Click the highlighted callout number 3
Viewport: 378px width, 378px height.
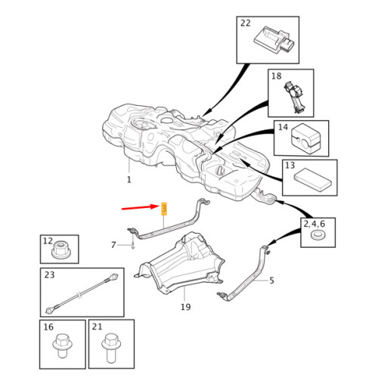164,209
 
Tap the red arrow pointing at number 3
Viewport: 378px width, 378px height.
140,207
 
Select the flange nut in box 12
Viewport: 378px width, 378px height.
61,249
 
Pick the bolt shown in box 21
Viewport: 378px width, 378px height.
111,348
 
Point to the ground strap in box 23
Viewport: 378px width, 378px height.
82,293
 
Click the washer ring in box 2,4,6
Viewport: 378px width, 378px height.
318,235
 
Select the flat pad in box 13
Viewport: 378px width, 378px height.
312,180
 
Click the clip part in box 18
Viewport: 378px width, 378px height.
295,97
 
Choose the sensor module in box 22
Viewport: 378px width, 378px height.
274,40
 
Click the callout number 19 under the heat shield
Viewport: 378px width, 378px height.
186,307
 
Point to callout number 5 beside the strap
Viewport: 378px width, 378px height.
271,280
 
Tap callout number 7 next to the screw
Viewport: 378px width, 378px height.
113,245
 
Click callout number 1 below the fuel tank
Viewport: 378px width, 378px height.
129,180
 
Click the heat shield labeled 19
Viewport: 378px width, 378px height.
179,262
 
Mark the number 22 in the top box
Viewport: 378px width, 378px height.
246,23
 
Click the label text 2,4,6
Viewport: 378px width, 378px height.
314,224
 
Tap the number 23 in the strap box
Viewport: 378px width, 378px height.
49,274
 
